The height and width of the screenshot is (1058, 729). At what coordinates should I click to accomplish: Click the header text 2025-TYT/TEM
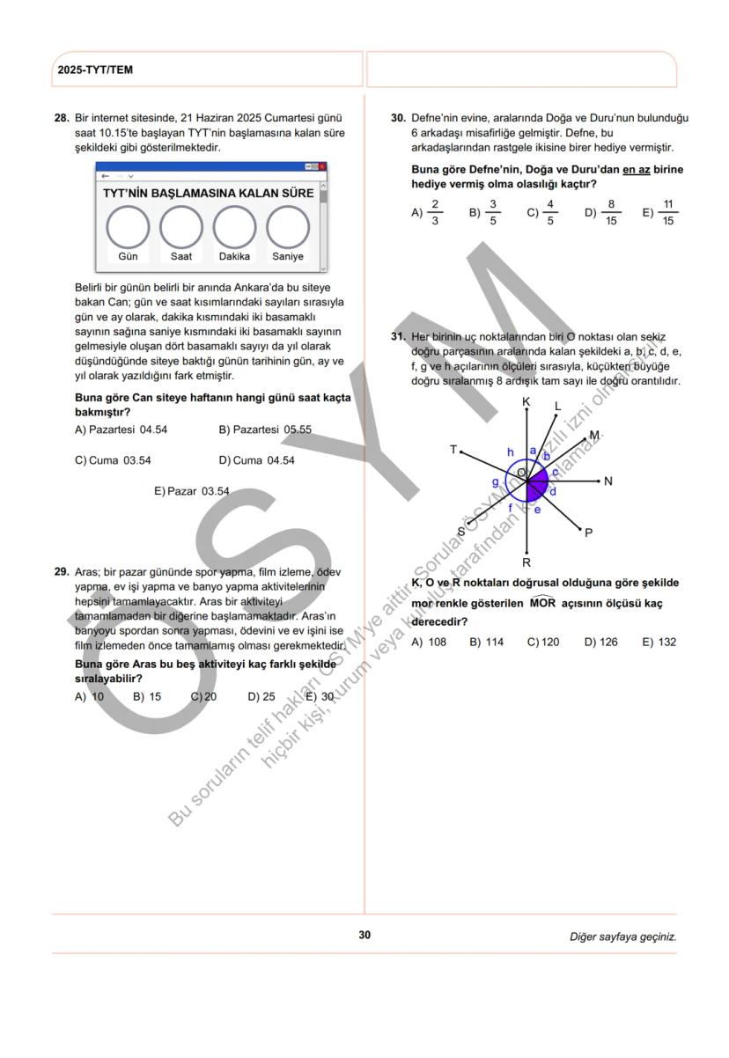coord(95,70)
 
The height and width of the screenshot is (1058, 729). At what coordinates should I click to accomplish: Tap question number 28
coord(62,118)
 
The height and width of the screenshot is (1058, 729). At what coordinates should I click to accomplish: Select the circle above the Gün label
coord(128,226)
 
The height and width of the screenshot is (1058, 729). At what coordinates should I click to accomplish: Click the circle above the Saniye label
coord(288,226)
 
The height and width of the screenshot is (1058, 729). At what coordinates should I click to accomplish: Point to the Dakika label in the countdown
coord(234,257)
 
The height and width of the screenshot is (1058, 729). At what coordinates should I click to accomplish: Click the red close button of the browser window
coord(322,166)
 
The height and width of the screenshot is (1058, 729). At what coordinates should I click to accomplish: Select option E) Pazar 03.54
coord(191,491)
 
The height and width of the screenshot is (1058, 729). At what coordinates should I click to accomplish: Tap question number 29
coord(62,572)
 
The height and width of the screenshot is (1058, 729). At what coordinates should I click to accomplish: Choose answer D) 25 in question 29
coord(261,696)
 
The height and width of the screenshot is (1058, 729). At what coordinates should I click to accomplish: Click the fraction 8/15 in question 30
coord(611,212)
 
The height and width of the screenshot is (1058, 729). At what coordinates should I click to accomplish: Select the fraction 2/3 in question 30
coord(434,212)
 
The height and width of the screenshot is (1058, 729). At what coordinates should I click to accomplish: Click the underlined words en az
coord(636,169)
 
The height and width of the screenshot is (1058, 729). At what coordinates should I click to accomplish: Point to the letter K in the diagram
coord(526,401)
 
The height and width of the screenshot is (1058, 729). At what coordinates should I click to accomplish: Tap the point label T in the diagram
coord(453,450)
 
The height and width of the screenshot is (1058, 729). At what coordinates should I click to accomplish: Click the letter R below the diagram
coord(526,562)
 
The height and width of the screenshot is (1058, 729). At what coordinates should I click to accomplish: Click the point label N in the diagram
coord(608,481)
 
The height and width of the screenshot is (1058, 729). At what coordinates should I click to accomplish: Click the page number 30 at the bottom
coord(364,935)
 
